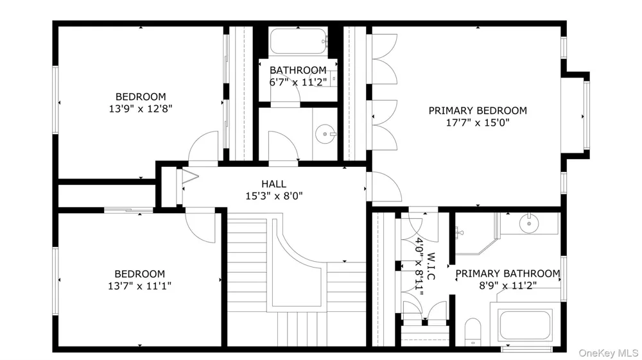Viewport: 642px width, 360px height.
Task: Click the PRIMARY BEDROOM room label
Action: pyautogui.click(x=478, y=110)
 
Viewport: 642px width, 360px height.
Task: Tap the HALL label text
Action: pyautogui.click(x=273, y=184)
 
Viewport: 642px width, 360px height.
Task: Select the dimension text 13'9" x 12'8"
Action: pyautogui.click(x=141, y=109)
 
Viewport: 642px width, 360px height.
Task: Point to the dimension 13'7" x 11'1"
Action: pyautogui.click(x=139, y=286)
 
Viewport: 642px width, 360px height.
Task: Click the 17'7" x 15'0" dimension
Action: pyautogui.click(x=478, y=123)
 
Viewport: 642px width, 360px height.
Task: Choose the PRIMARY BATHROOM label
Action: pyautogui.click(x=508, y=273)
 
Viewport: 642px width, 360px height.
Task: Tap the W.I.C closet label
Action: pyautogui.click(x=431, y=266)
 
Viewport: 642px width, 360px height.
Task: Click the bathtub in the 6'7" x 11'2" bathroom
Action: pyautogui.click(x=298, y=41)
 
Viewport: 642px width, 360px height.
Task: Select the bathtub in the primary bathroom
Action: pyautogui.click(x=525, y=325)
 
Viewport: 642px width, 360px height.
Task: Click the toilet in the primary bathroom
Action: pyautogui.click(x=473, y=332)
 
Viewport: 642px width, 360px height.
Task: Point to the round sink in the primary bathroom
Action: pyautogui.click(x=528, y=224)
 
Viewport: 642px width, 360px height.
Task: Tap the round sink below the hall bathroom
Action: pyautogui.click(x=325, y=133)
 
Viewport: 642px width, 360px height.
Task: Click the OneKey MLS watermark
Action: pyautogui.click(x=609, y=353)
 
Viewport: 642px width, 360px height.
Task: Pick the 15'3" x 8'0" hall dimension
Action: pyautogui.click(x=274, y=196)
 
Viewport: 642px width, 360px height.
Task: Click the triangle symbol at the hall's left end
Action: pyautogui.click(x=189, y=176)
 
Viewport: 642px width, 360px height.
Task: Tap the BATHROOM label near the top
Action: pyautogui.click(x=298, y=71)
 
